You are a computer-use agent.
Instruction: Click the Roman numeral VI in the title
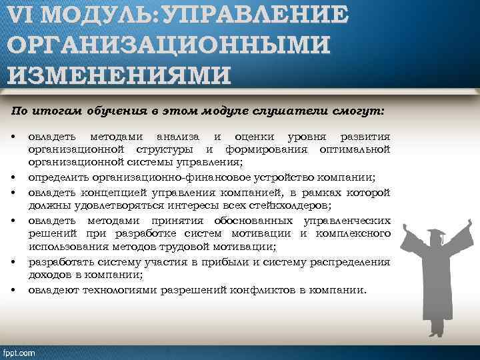coord(25,14)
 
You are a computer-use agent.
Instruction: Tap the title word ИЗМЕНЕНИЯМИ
coord(119,73)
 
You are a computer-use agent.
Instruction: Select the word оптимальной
coord(355,149)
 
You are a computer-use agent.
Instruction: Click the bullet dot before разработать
coord(14,262)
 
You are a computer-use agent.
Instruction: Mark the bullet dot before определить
coord(14,177)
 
